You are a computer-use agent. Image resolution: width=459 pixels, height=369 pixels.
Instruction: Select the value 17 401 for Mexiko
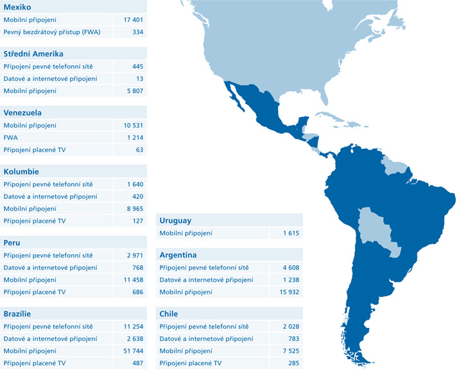click(133, 19)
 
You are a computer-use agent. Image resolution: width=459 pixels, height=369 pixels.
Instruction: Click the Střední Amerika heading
click(33, 54)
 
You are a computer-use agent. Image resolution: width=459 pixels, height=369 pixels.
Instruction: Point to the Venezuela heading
click(22, 113)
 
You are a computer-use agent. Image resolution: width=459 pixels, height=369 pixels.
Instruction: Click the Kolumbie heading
click(21, 172)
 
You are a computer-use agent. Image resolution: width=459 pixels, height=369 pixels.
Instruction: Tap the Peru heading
click(12, 243)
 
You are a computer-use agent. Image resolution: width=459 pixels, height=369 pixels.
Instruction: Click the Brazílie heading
click(17, 314)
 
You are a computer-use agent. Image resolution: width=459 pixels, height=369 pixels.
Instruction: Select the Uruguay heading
click(175, 221)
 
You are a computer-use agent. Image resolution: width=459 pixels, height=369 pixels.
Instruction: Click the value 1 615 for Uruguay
click(290, 233)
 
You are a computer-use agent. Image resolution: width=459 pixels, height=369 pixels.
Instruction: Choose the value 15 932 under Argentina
click(289, 292)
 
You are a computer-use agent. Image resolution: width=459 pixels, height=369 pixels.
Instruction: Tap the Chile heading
click(169, 314)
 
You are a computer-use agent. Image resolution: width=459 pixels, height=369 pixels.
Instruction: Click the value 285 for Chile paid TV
click(293, 363)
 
